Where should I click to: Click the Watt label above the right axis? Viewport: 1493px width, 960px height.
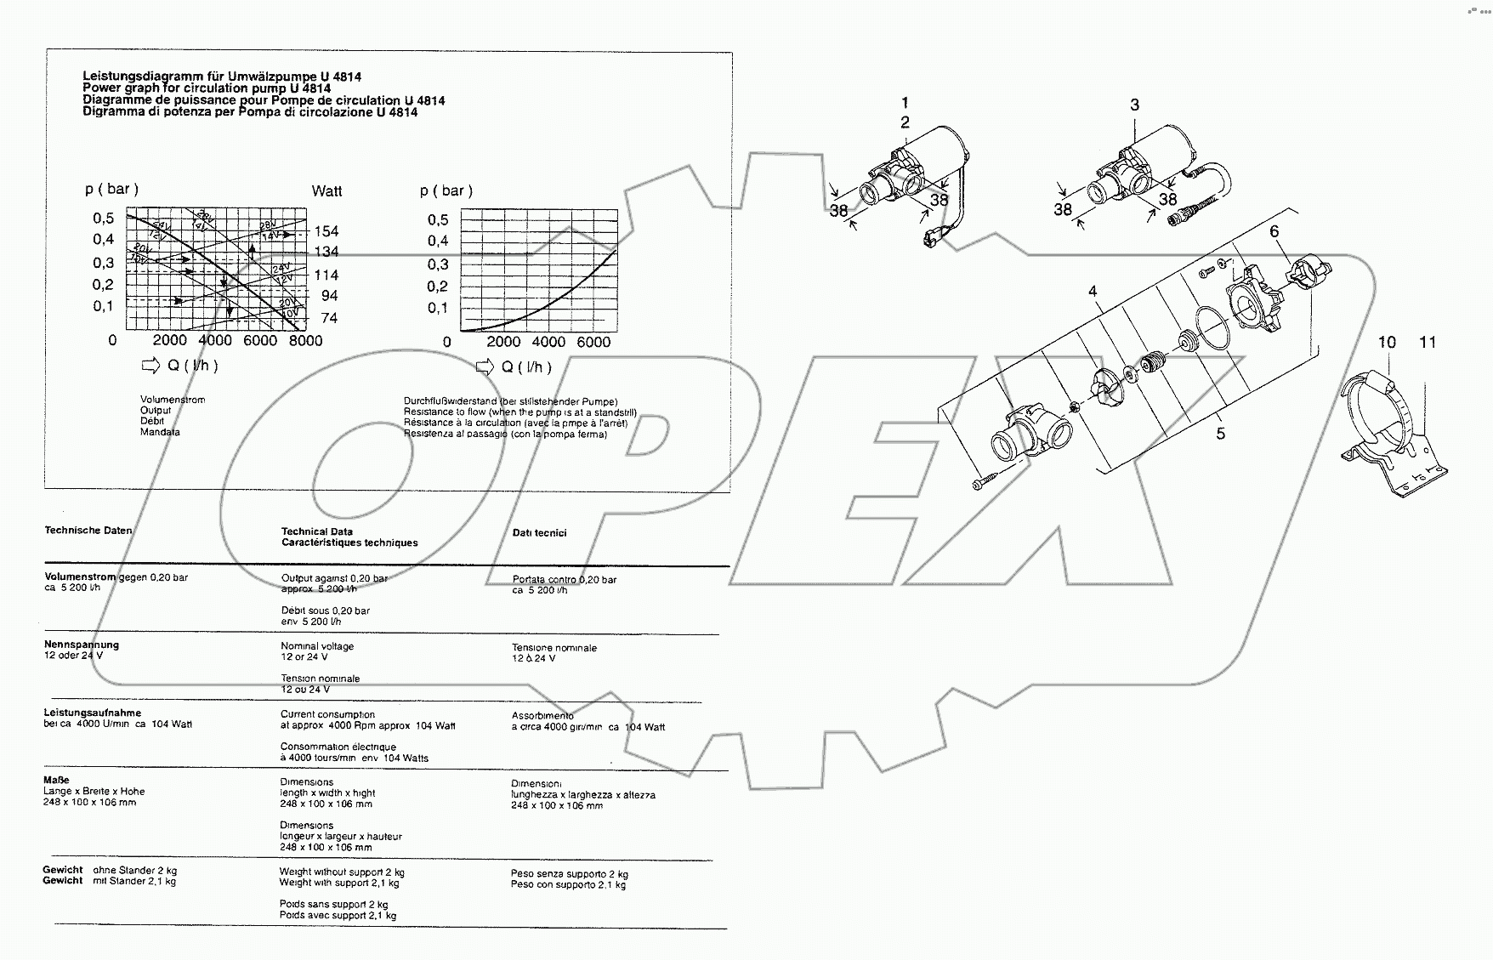[x=326, y=191]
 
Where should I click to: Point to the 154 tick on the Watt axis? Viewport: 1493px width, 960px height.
[x=326, y=231]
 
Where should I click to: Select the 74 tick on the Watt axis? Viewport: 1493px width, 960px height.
[x=327, y=318]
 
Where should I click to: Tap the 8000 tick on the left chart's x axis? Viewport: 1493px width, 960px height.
[x=305, y=341]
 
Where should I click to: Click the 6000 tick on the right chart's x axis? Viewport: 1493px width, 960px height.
[x=593, y=342]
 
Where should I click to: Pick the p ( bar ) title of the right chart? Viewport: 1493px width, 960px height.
[x=446, y=191]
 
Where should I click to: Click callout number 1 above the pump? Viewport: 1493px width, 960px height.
[x=905, y=104]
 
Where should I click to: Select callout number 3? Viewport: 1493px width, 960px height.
[x=1134, y=105]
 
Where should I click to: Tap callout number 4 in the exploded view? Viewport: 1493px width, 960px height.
[x=1093, y=292]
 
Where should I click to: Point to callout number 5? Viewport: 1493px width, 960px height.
[x=1220, y=434]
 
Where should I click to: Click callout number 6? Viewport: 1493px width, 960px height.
[x=1274, y=231]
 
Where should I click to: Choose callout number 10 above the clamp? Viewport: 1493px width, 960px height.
[x=1387, y=342]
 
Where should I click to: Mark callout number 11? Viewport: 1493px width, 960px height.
[x=1428, y=342]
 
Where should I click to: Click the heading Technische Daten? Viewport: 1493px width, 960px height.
[x=88, y=531]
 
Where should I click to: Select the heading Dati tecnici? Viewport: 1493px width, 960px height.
[x=539, y=533]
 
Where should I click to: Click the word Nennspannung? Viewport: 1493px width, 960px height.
[x=82, y=645]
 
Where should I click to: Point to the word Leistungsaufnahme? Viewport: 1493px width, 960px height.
[x=93, y=713]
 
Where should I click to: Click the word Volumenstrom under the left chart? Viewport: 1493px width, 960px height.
[x=173, y=400]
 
